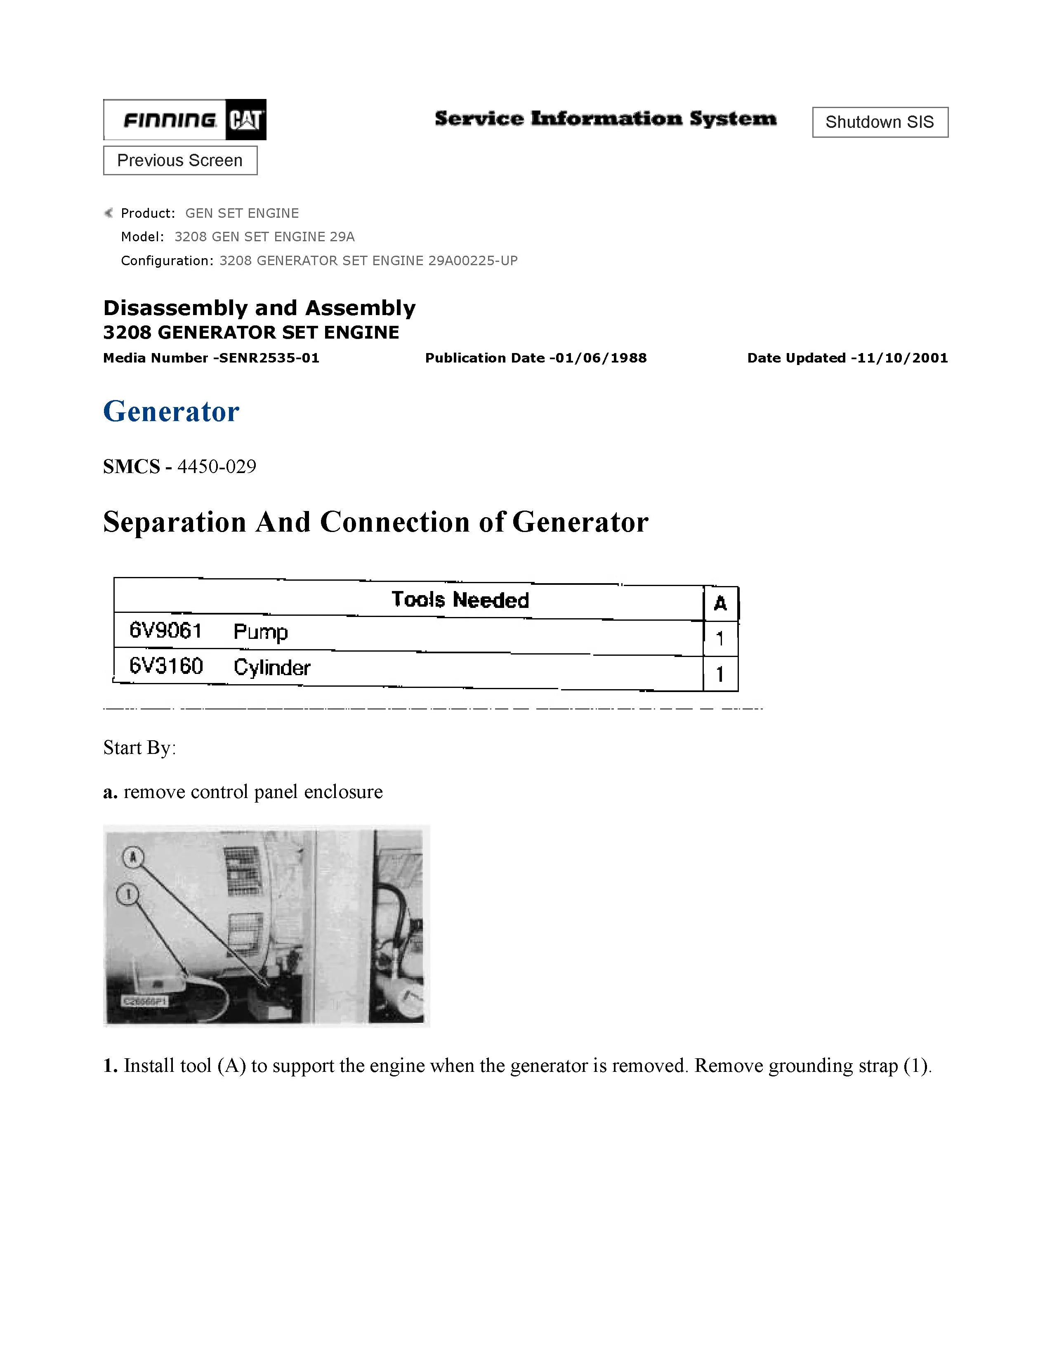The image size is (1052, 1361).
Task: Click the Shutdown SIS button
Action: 880,122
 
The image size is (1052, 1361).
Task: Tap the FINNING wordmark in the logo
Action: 170,120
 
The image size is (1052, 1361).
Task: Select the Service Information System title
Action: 605,118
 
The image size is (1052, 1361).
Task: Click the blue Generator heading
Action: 171,411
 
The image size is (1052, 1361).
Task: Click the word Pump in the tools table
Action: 260,632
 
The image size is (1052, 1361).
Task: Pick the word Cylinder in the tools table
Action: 272,667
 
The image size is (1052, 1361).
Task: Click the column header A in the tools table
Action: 720,603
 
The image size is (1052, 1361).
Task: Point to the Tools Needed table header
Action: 460,600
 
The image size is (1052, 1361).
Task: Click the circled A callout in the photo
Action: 133,858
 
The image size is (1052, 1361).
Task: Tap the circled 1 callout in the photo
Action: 128,895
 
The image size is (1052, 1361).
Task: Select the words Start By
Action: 139,748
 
